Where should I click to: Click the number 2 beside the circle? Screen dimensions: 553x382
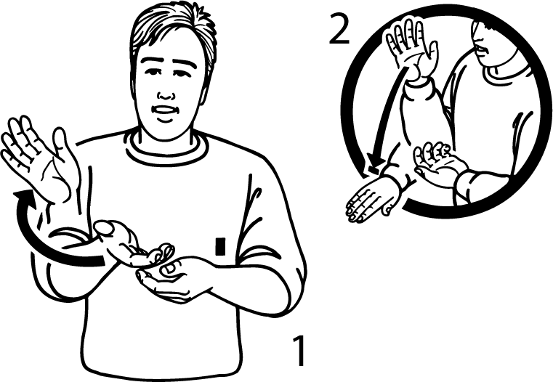(x=339, y=31)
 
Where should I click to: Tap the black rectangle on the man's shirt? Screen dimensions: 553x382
(x=220, y=246)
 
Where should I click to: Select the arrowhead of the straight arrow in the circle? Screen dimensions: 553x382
(x=374, y=163)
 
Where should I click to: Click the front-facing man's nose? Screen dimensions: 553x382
(x=166, y=94)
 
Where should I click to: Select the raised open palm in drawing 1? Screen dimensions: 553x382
(x=39, y=158)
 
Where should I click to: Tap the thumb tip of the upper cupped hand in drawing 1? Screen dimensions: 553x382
(x=105, y=228)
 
